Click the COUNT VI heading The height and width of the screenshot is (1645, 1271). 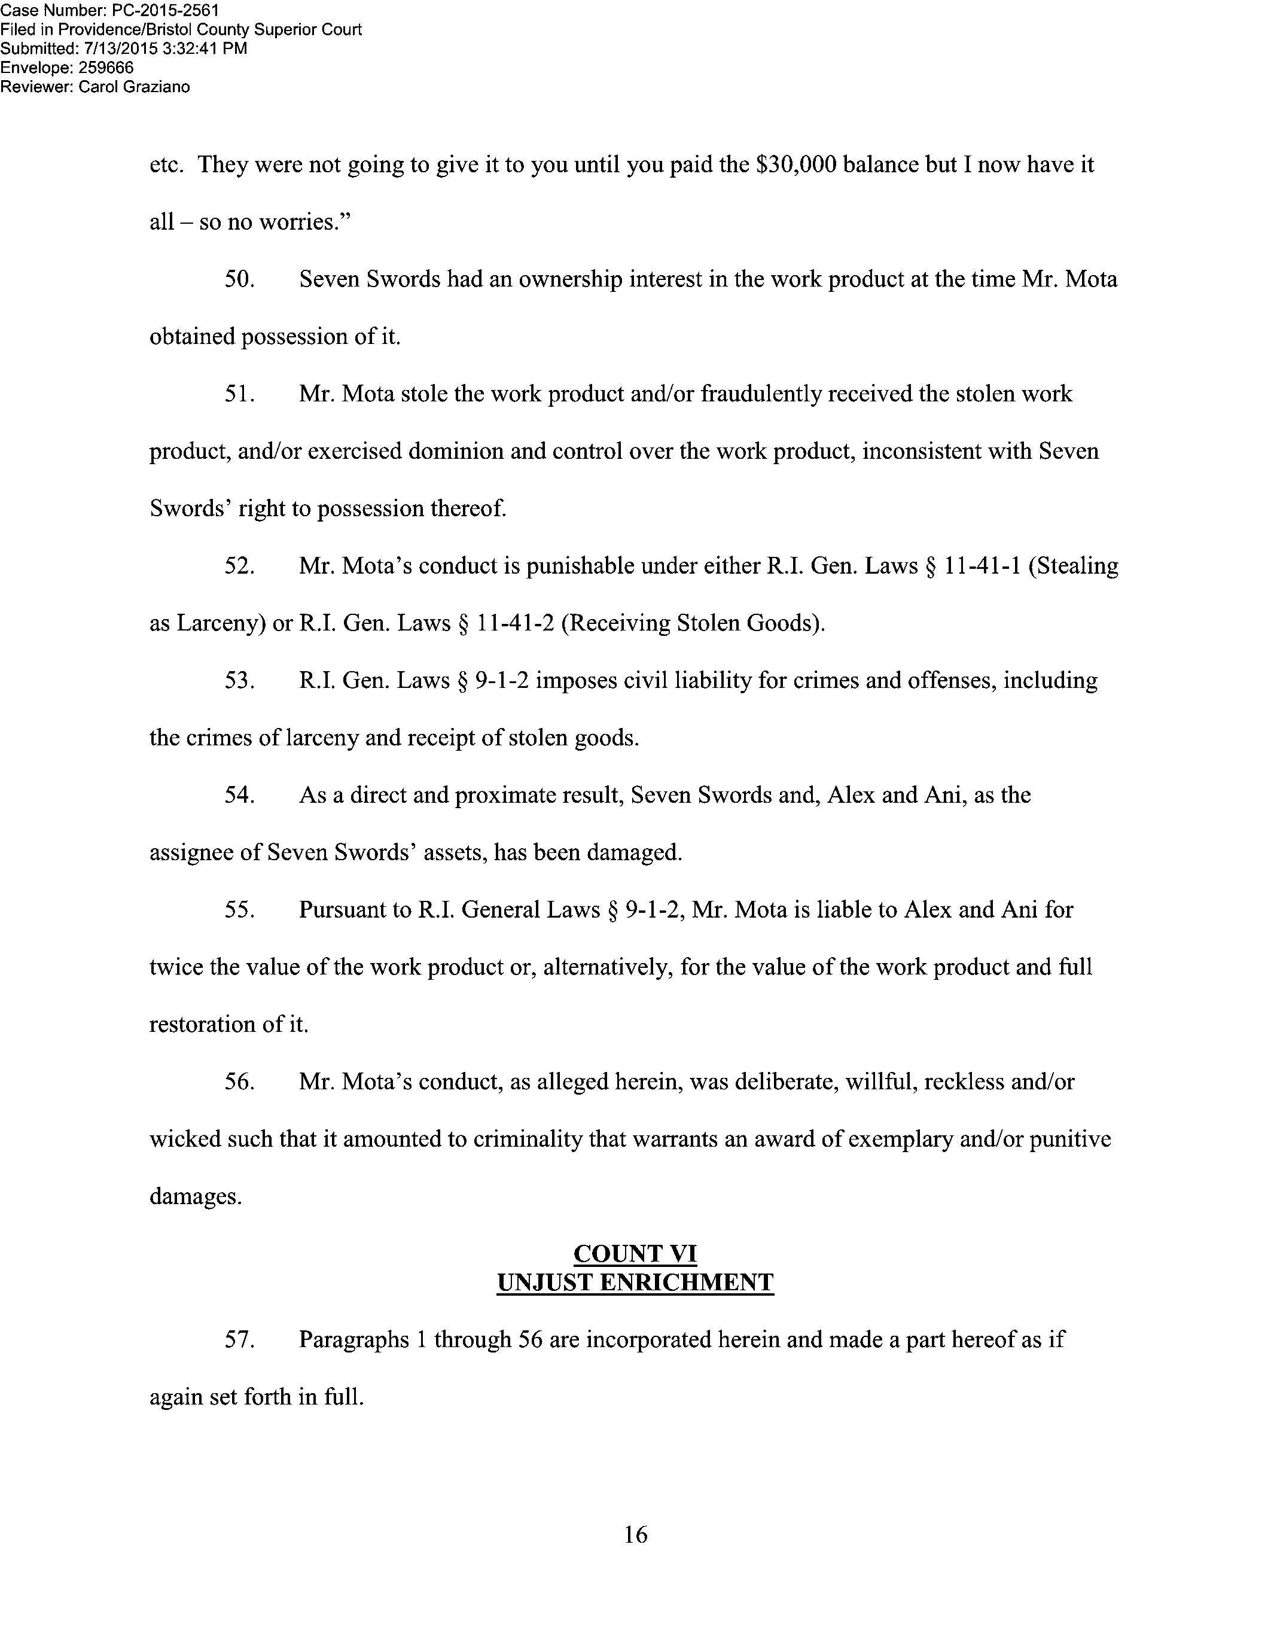pyautogui.click(x=635, y=1254)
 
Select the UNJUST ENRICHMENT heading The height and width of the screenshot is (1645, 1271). pyautogui.click(x=635, y=1283)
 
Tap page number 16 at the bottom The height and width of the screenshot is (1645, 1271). pyautogui.click(x=635, y=1531)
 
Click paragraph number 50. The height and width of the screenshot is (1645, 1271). pyautogui.click(x=239, y=279)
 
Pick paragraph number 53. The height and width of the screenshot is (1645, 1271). pyautogui.click(x=239, y=681)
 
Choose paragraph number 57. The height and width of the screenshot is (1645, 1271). pyautogui.click(x=239, y=1340)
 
